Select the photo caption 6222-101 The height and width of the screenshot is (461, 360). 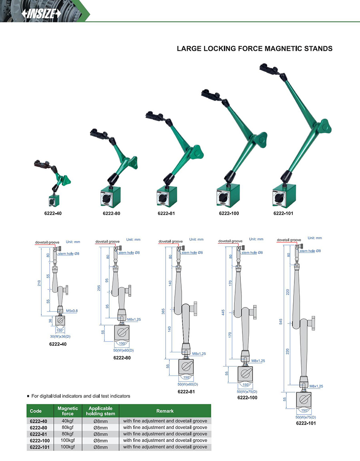pyautogui.click(x=283, y=214)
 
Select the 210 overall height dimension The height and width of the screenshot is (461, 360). pyautogui.click(x=39, y=283)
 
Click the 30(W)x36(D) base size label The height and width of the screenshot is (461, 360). pyautogui.click(x=60, y=337)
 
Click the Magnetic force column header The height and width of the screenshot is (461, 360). pyautogui.click(x=68, y=411)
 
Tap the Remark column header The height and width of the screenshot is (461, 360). pyautogui.click(x=165, y=411)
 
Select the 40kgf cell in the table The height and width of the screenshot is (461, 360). pyautogui.click(x=68, y=421)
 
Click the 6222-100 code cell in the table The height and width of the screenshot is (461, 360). pyautogui.click(x=40, y=441)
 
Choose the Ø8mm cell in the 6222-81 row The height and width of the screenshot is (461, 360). pyautogui.click(x=100, y=434)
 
